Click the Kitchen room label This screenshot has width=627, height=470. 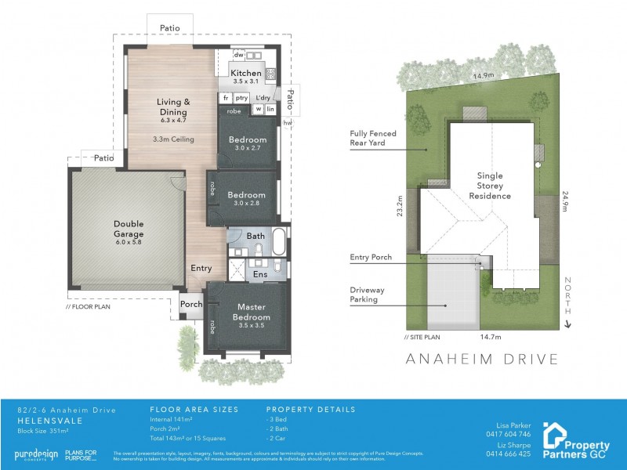tap(246, 73)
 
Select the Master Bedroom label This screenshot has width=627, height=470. tap(251, 312)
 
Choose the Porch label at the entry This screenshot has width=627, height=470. tap(191, 305)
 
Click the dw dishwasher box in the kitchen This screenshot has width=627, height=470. tap(239, 55)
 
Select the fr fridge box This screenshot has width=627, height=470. tap(226, 98)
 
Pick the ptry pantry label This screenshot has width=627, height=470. tap(241, 98)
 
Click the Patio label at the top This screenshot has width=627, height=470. tap(170, 28)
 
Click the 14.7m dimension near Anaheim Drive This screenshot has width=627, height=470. tap(491, 337)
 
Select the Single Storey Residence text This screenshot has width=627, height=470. tap(491, 186)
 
